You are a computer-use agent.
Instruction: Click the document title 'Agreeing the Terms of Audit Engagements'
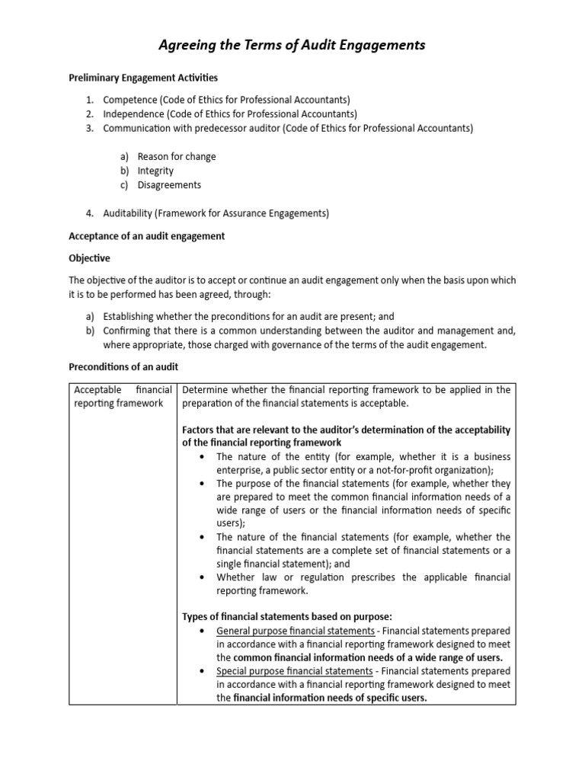point(292,46)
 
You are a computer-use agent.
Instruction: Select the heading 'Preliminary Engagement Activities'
point(143,78)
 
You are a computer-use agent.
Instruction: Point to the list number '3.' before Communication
point(89,128)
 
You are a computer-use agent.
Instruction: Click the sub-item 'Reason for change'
point(176,157)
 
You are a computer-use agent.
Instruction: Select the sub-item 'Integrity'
point(155,171)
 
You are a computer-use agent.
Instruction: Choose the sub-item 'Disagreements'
point(169,185)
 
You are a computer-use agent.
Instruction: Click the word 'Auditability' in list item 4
point(129,214)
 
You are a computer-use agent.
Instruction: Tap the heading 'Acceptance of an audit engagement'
point(147,236)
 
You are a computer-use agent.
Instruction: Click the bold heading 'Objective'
point(89,258)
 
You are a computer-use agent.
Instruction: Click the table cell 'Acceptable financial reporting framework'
point(122,396)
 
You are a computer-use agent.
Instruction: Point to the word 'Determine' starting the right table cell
point(204,390)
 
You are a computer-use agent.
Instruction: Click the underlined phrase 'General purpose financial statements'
point(296,631)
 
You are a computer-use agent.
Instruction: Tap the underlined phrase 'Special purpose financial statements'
point(295,671)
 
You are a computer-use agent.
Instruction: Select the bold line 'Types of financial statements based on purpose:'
point(286,616)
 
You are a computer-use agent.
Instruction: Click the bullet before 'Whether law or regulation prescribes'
point(201,577)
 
